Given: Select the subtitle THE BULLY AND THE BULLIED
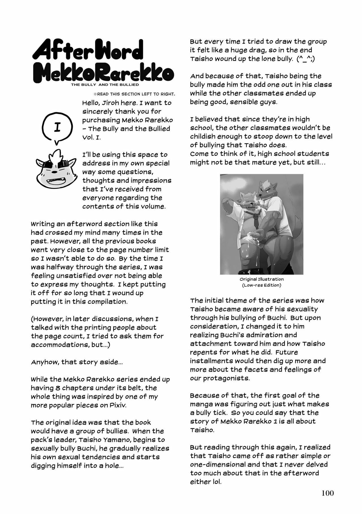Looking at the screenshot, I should coord(105,85).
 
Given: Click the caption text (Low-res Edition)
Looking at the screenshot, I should coord(262,285).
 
